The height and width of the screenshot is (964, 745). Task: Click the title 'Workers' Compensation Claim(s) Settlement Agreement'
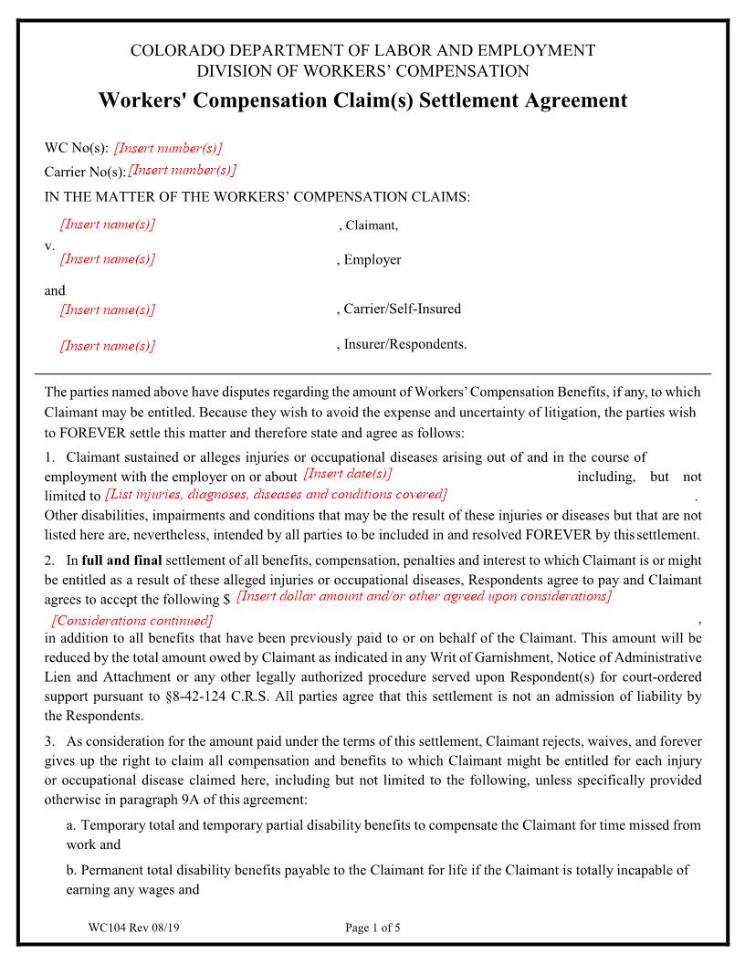point(362,100)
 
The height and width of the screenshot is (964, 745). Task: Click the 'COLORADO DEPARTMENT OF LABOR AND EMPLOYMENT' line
point(362,50)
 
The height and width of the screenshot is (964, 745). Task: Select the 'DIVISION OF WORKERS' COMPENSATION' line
point(362,70)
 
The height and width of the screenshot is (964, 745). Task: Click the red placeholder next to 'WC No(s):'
point(168,148)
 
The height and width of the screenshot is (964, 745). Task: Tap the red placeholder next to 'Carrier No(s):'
point(183,170)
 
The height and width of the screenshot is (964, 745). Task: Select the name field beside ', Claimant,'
point(107,225)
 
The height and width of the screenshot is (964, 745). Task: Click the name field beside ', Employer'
point(107,259)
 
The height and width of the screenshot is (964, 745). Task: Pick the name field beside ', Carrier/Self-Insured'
point(107,309)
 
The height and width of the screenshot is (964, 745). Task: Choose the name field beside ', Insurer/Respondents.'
point(107,345)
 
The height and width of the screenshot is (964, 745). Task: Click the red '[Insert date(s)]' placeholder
point(347,474)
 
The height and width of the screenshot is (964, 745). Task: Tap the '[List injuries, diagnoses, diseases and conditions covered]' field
point(276,495)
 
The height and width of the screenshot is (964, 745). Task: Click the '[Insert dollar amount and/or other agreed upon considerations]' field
point(423,596)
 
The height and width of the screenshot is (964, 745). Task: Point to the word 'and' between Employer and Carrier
point(55,290)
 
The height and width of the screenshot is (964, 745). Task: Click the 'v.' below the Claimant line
point(49,245)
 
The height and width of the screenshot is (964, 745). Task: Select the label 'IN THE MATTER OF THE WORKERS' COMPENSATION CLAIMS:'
point(257,196)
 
